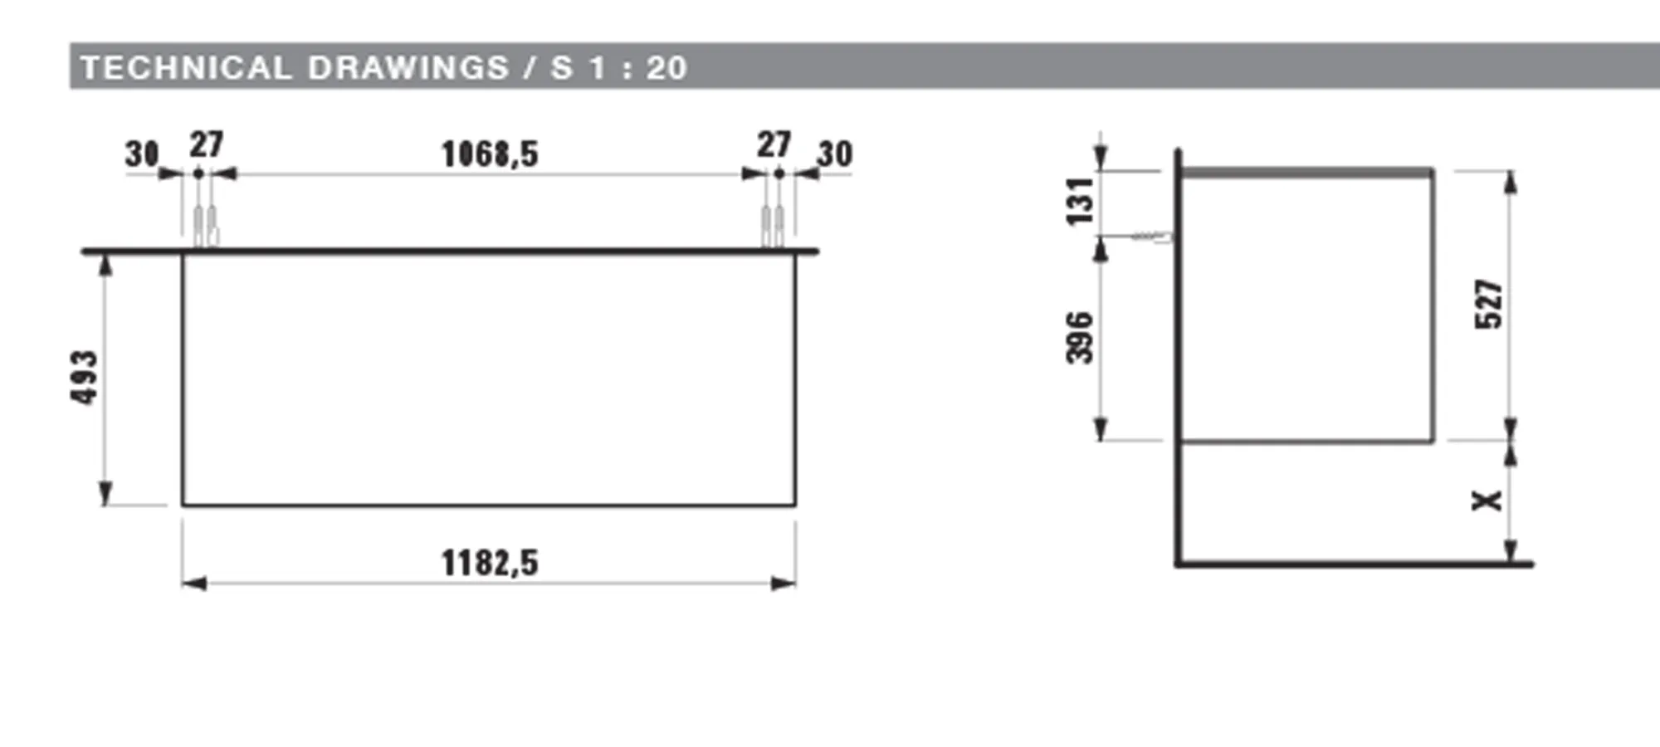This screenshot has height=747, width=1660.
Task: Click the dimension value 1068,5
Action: click(x=490, y=154)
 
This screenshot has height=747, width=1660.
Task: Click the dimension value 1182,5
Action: click(x=490, y=564)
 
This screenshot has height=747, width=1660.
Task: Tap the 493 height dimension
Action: click(x=85, y=378)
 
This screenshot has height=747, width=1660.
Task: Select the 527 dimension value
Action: click(x=1489, y=305)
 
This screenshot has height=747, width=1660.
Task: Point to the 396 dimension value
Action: click(x=1080, y=338)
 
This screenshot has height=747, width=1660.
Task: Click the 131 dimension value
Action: click(x=1080, y=201)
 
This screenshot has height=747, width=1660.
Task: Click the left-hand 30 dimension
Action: click(x=142, y=154)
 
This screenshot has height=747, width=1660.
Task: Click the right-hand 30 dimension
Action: click(x=834, y=154)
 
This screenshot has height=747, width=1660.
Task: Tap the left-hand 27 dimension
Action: click(x=207, y=144)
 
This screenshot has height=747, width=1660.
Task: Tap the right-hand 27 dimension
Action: click(x=774, y=144)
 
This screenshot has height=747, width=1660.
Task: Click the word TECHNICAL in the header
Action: click(x=185, y=68)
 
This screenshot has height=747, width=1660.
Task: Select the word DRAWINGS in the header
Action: click(x=408, y=68)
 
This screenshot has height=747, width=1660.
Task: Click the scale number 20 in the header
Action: click(x=667, y=68)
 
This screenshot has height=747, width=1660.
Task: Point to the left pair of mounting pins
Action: click(x=205, y=226)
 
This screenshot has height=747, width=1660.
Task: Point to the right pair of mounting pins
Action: click(x=773, y=226)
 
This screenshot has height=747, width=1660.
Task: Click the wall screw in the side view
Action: click(x=1152, y=237)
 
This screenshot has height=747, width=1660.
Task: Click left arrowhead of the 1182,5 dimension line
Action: click(x=193, y=583)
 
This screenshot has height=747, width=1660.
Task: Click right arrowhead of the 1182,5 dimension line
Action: click(x=784, y=583)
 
